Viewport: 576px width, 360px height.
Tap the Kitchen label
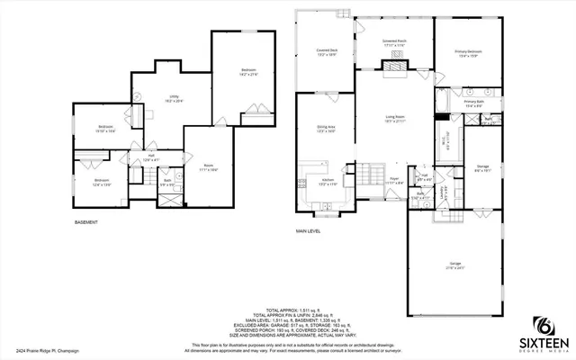(x=327, y=183)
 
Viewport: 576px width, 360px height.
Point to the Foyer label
(x=393, y=180)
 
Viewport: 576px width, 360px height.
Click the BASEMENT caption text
(x=86, y=222)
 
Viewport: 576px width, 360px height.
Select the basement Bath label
(x=167, y=183)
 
